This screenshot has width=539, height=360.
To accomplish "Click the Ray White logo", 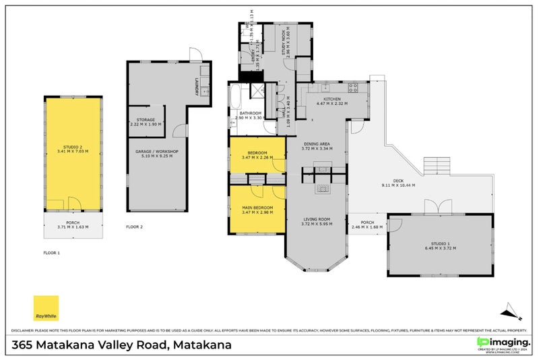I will click(x=46, y=308).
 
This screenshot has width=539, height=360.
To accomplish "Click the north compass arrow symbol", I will click(x=511, y=311).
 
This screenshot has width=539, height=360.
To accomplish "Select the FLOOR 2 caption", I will click(x=135, y=227).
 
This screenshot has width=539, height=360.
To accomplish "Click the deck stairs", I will click(x=436, y=164).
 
